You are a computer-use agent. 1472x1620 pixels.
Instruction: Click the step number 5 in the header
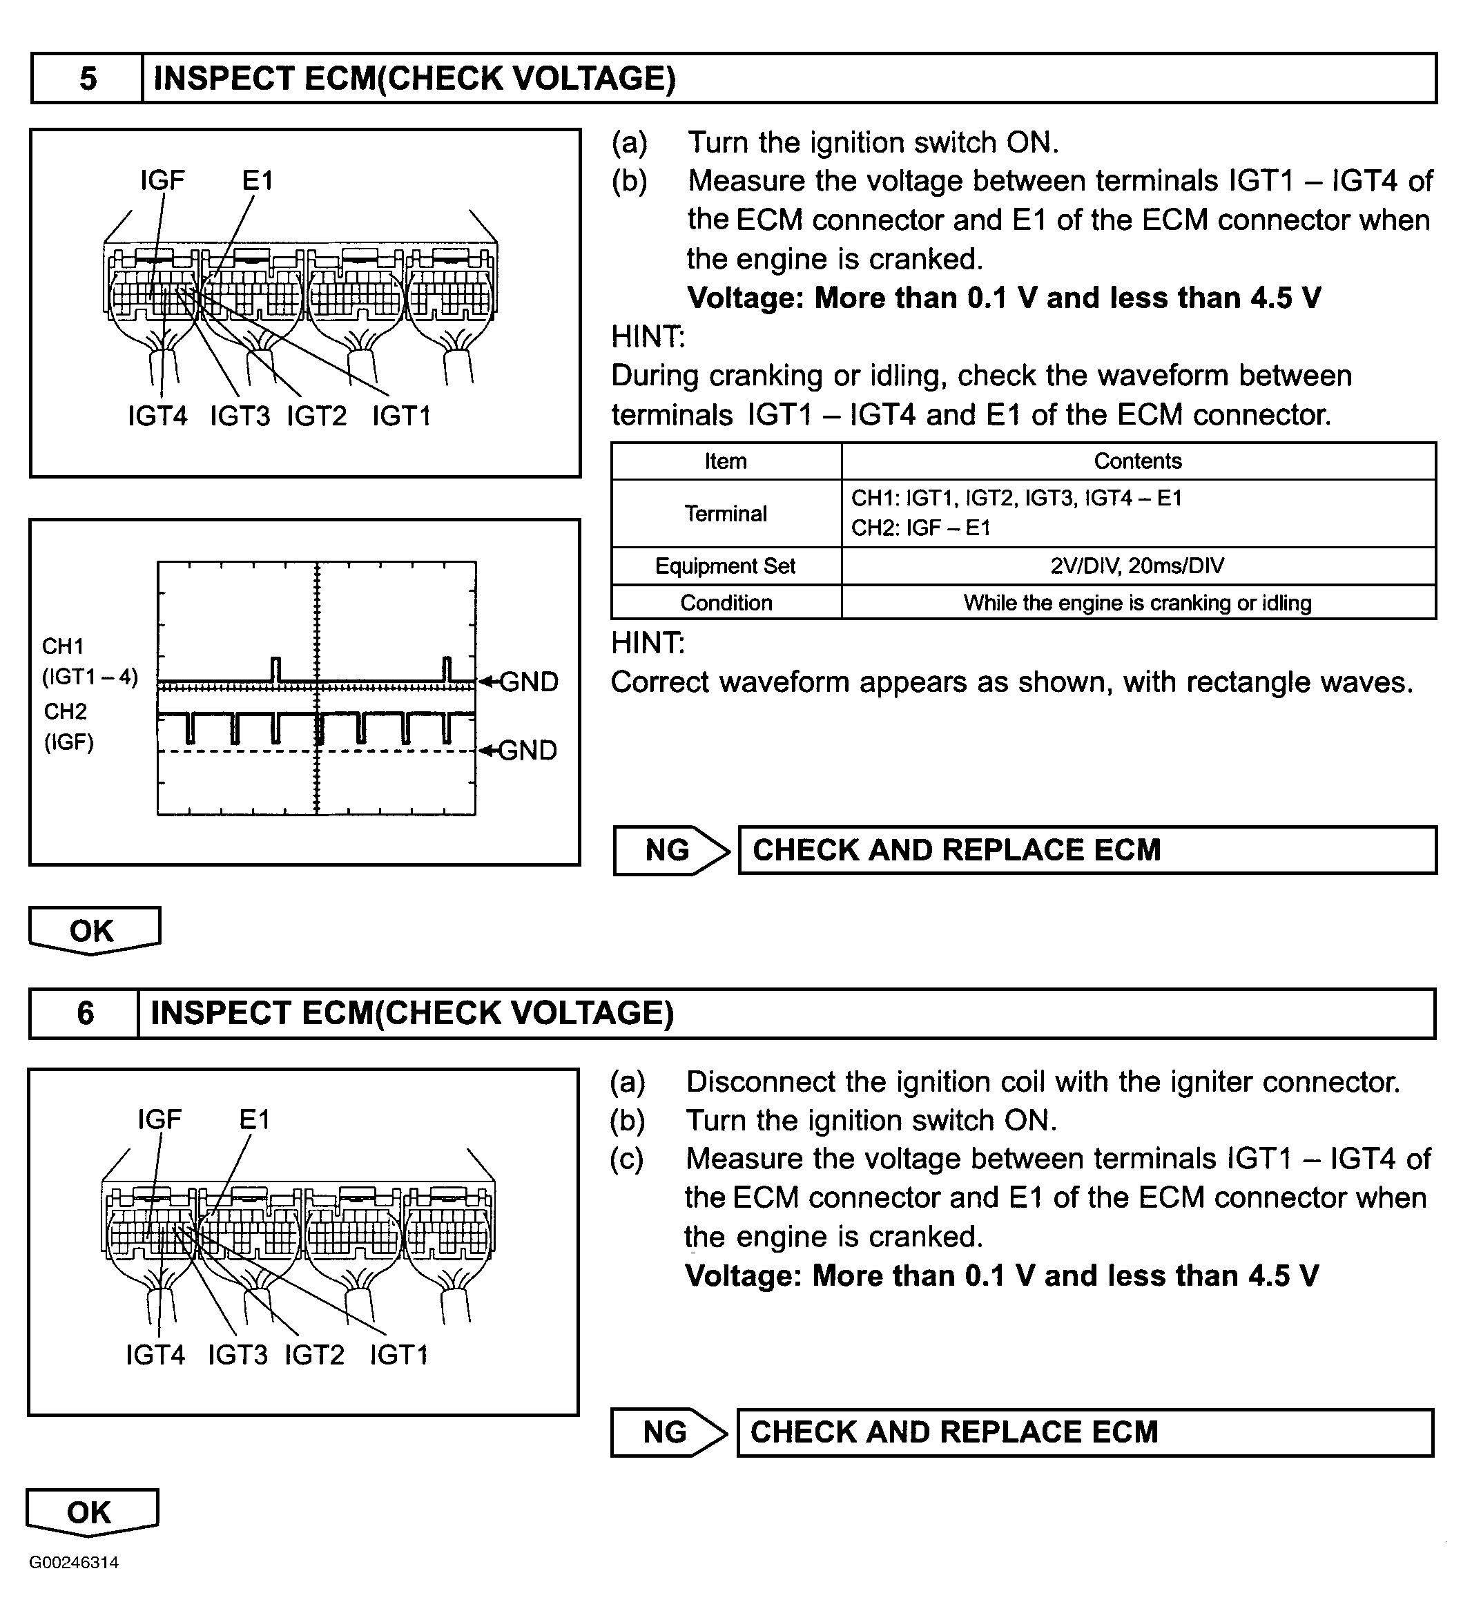click(88, 79)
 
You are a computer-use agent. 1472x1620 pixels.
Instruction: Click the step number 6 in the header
click(85, 1013)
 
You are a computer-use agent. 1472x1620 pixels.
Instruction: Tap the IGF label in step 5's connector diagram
click(162, 181)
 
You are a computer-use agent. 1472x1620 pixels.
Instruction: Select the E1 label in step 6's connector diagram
click(255, 1119)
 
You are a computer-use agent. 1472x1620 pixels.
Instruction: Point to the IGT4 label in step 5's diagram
click(157, 416)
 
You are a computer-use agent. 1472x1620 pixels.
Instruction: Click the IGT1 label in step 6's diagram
click(398, 1355)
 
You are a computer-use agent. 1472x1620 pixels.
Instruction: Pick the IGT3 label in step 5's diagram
click(239, 416)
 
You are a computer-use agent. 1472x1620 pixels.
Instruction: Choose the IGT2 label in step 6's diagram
click(314, 1355)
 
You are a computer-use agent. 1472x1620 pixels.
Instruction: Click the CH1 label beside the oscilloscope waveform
click(64, 646)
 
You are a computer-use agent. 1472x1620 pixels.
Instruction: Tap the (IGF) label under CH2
click(68, 742)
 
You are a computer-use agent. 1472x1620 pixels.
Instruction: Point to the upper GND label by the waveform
click(528, 682)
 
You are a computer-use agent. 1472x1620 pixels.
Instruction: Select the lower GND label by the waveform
click(527, 750)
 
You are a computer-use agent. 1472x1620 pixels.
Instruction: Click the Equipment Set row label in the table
click(725, 566)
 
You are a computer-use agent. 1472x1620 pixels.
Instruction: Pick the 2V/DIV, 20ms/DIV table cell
click(1137, 566)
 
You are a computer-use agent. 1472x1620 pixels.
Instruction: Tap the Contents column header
click(1137, 461)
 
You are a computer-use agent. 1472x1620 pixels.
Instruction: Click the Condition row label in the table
click(726, 603)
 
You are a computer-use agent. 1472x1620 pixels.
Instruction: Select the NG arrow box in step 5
click(669, 850)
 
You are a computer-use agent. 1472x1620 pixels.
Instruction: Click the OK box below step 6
click(91, 1512)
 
